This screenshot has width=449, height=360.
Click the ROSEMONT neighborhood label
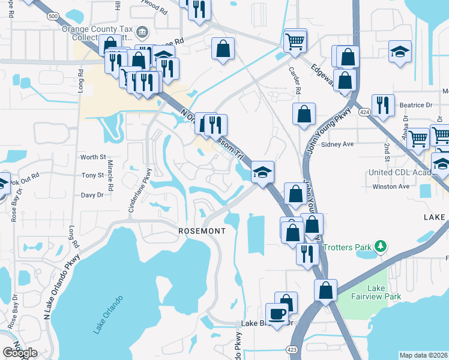[x=202, y=230]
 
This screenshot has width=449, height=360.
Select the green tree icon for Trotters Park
[x=379, y=247]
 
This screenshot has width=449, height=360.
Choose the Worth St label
[x=92, y=157]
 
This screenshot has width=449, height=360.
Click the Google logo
[x=20, y=352]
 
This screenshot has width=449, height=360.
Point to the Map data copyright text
[x=423, y=355]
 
